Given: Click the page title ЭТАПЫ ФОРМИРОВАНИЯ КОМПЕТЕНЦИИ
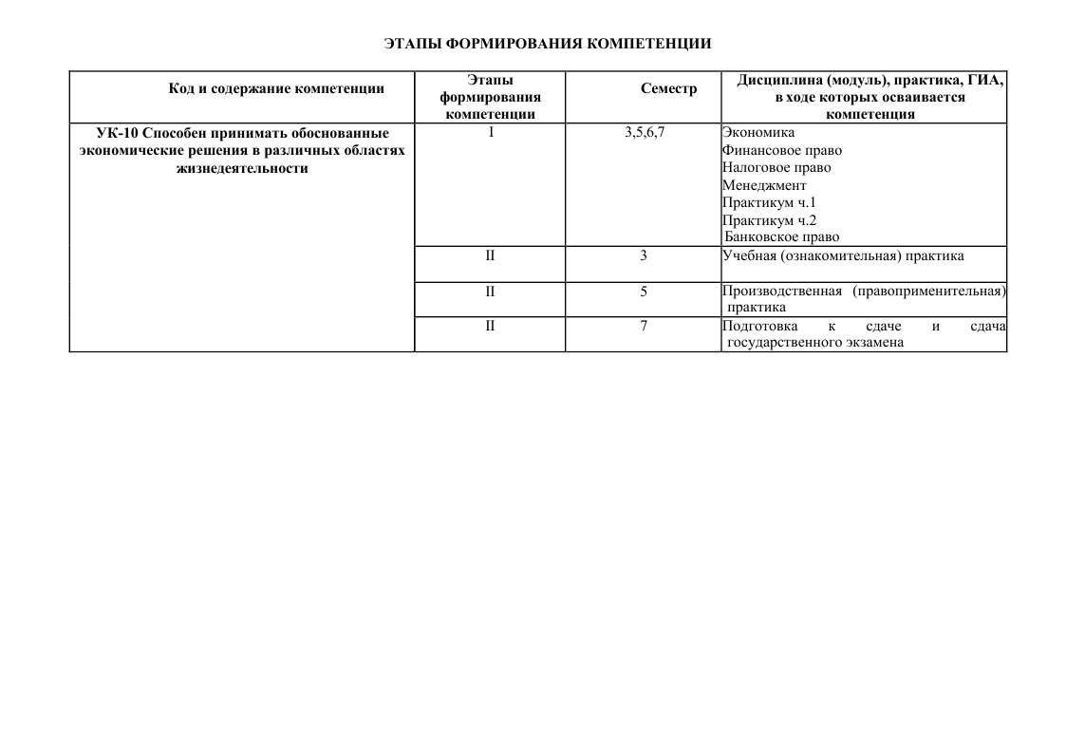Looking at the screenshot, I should point(548,44).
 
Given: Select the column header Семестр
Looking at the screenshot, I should point(668,89).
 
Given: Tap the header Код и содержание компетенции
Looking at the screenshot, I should point(276,89).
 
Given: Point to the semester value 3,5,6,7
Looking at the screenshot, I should point(645,133).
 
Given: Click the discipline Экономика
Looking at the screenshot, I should point(758,133).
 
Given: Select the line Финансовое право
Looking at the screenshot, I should point(781,150).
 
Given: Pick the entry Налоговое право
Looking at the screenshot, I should point(776,167).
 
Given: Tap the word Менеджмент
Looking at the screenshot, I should point(764,185).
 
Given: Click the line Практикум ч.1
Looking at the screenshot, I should point(769,202).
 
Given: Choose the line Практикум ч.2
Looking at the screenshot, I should point(769,220).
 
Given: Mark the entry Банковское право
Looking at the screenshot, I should point(782,237).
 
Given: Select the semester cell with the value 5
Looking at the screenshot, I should point(644,292).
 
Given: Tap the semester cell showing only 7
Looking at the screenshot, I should point(644,327).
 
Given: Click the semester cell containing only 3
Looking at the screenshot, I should point(644,255).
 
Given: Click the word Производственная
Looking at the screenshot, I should point(781,291).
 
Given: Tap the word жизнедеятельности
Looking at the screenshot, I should point(243,168).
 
